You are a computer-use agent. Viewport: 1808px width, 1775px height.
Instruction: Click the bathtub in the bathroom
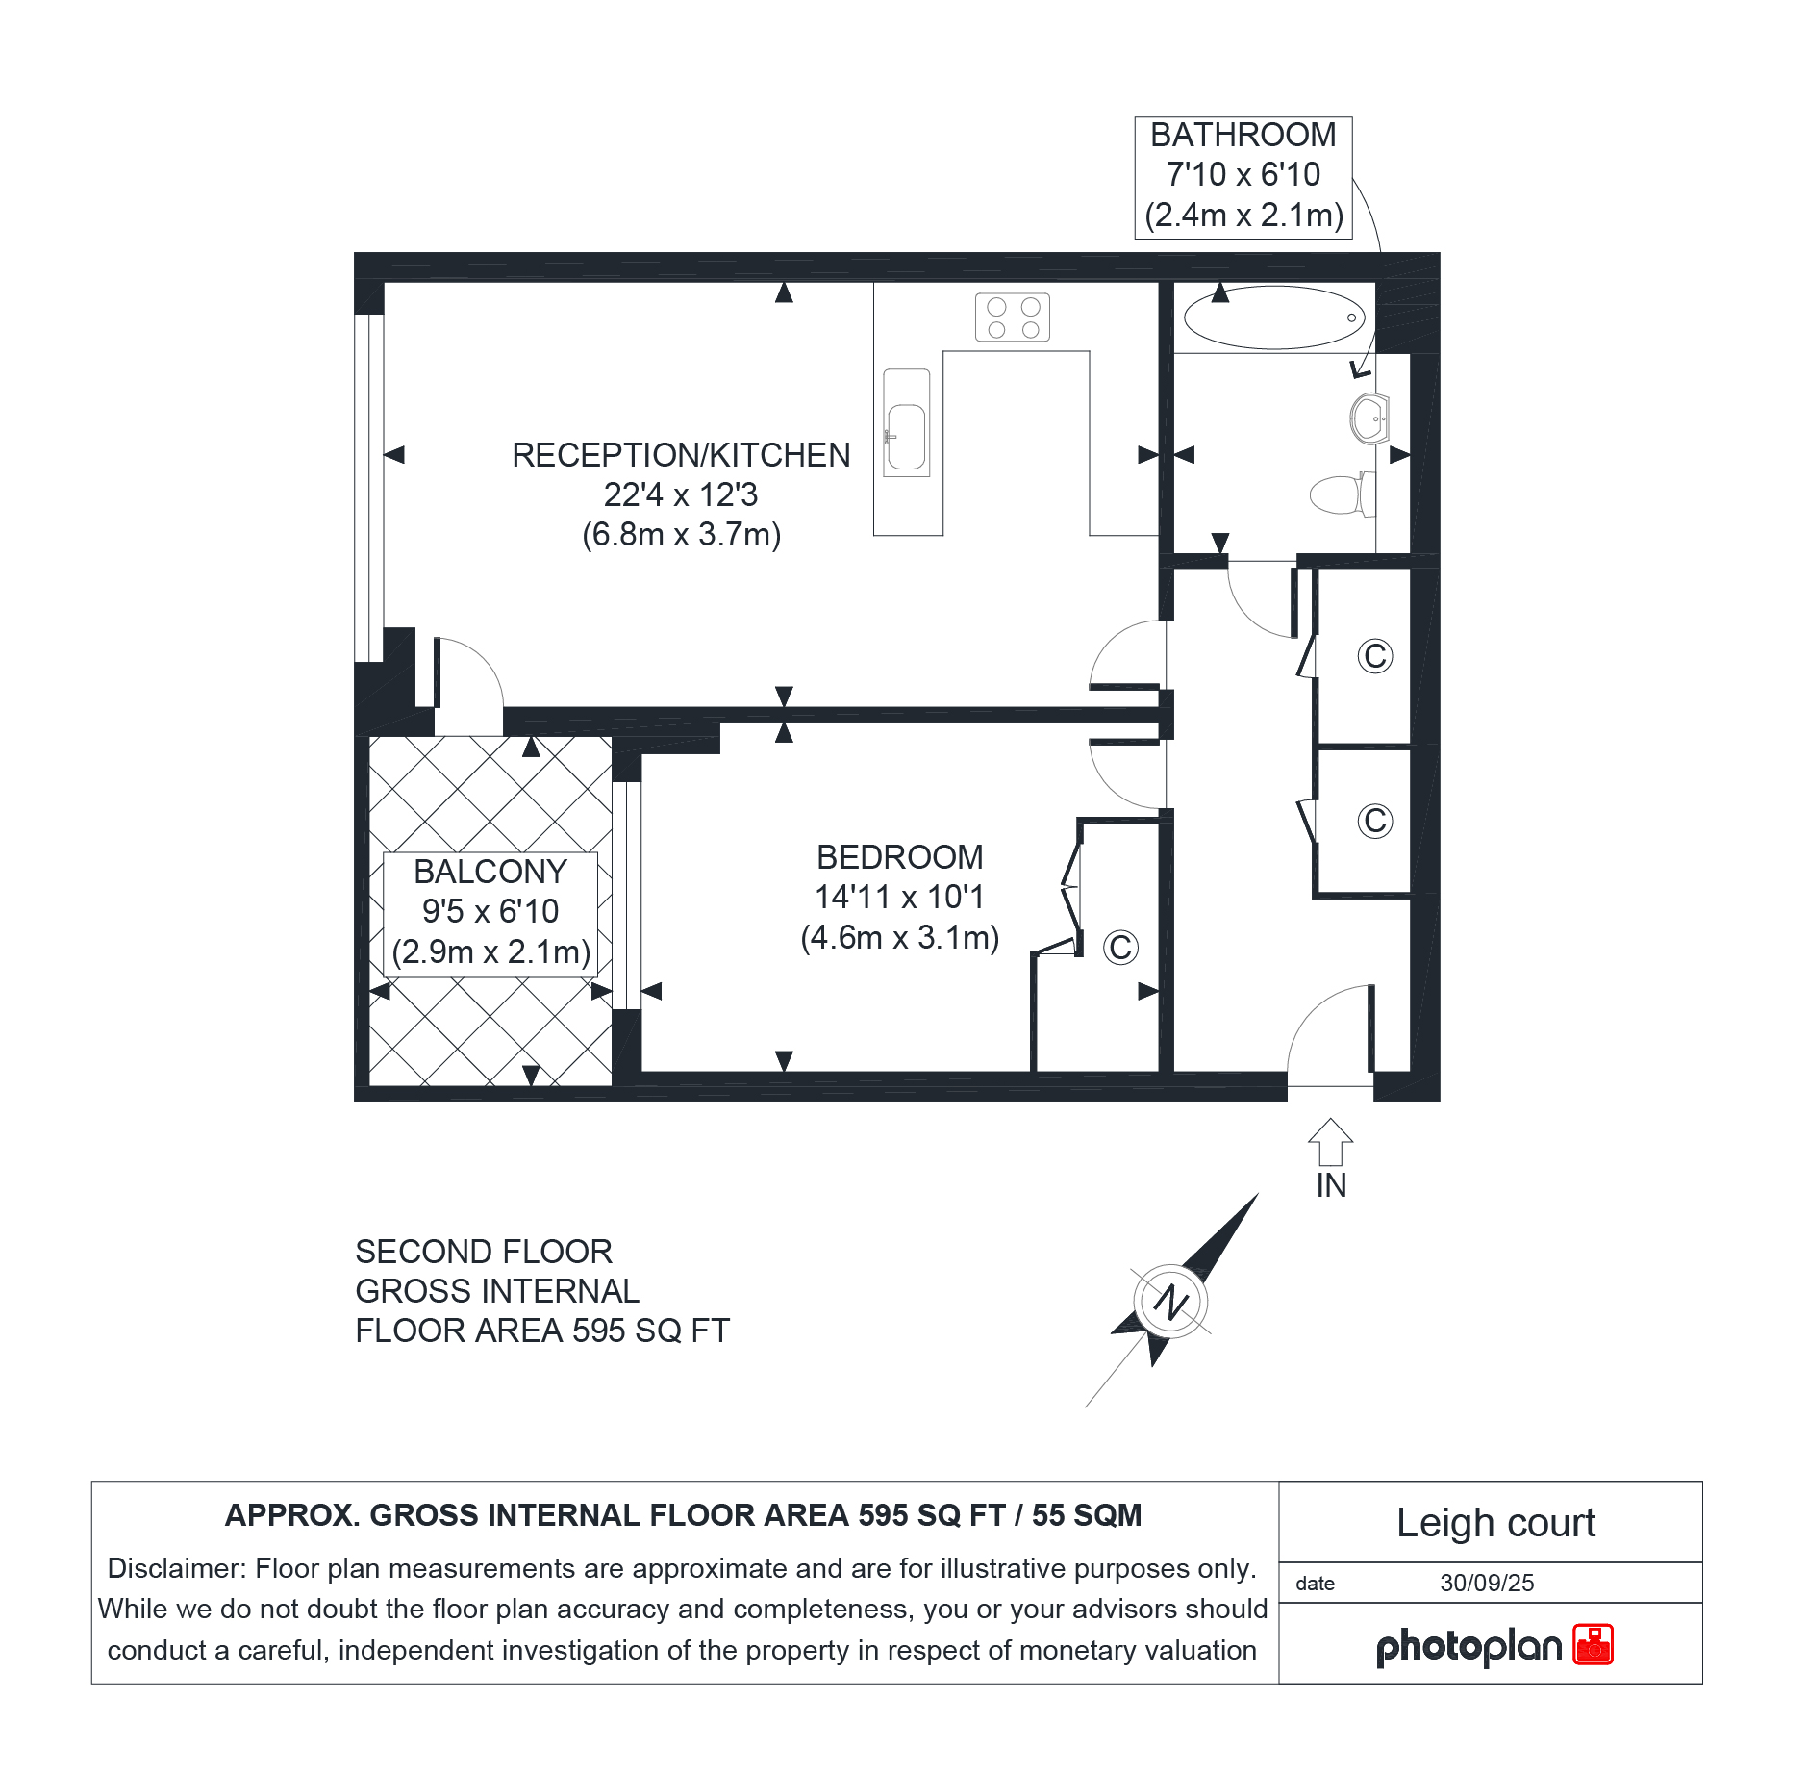click(1274, 317)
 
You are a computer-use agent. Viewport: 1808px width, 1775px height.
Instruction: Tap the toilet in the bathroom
click(1343, 494)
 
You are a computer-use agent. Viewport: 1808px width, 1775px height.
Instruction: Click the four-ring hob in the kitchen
click(1013, 317)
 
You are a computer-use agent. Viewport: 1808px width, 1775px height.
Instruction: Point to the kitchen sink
click(906, 423)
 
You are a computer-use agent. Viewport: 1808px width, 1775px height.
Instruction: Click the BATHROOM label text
click(1243, 135)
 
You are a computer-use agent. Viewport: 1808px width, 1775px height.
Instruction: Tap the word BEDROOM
click(900, 857)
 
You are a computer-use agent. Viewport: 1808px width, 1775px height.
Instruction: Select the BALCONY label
click(490, 872)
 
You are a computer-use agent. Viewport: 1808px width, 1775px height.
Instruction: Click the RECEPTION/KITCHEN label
click(681, 455)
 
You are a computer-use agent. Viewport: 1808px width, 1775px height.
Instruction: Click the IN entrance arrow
click(1331, 1142)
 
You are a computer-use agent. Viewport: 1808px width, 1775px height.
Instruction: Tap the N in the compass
click(1171, 1302)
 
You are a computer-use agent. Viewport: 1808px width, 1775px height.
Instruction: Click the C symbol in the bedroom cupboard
click(1120, 948)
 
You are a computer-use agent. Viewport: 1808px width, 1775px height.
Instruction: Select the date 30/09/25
click(1487, 1583)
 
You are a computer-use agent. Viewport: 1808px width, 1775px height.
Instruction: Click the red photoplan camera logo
click(1593, 1644)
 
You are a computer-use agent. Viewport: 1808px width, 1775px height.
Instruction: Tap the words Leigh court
click(1495, 1523)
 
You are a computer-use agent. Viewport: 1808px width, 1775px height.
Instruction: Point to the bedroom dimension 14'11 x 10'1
click(900, 897)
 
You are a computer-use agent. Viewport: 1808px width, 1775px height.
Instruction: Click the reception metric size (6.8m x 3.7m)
click(682, 534)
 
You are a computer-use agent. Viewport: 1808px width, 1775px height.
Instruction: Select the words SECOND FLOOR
click(484, 1252)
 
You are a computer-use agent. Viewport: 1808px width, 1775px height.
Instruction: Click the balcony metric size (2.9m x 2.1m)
click(491, 951)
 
